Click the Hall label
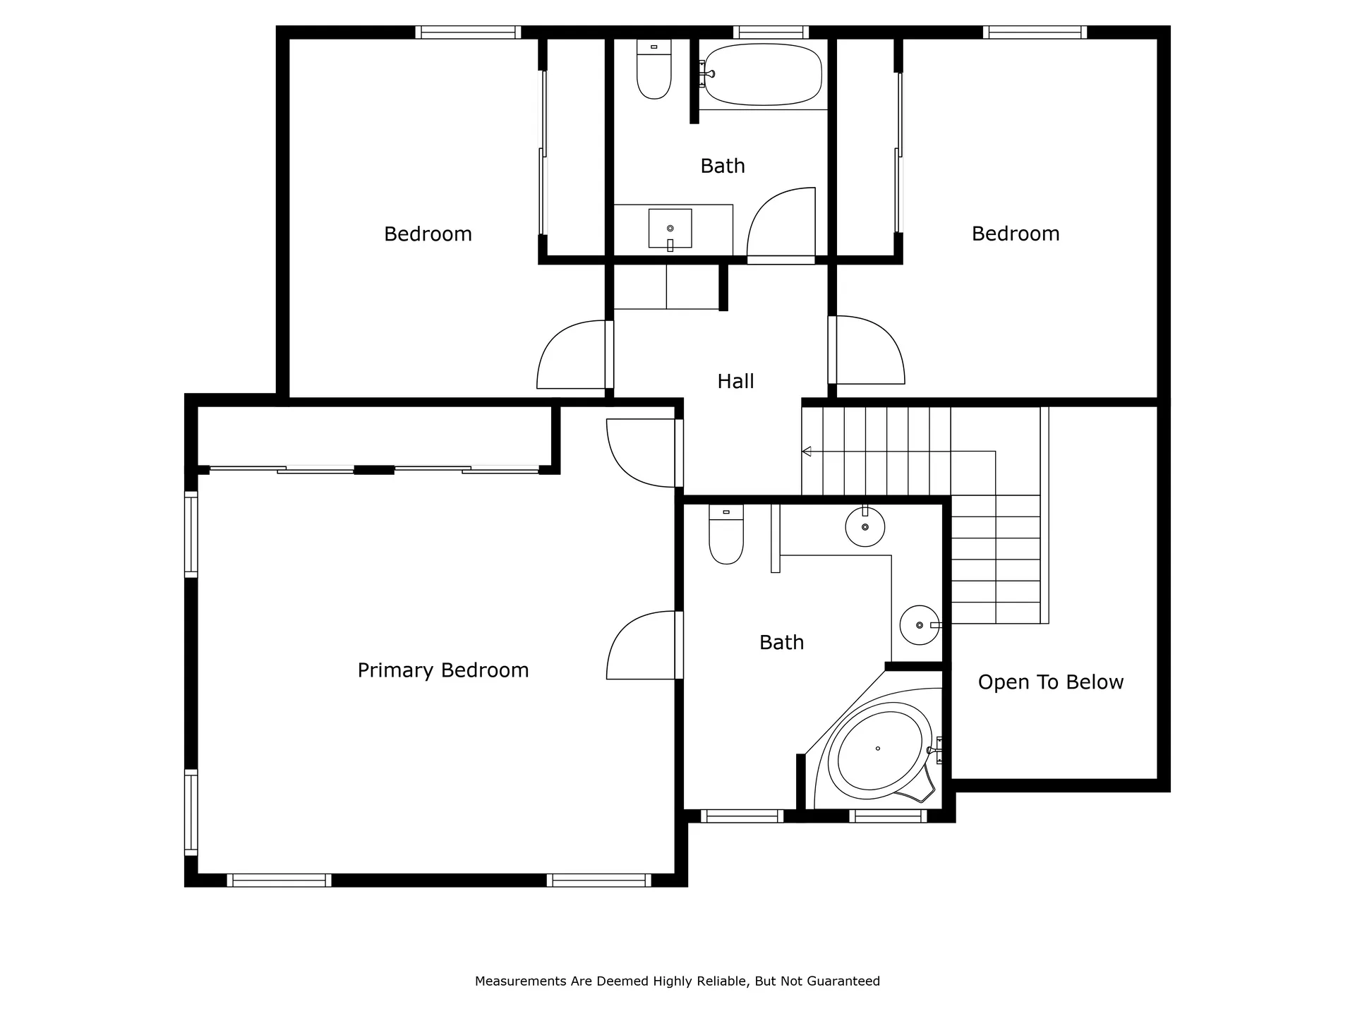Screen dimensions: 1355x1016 coord(735,382)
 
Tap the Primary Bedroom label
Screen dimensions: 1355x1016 coord(443,670)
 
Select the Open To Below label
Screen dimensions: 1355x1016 coord(1051,682)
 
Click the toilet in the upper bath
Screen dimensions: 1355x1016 coord(654,68)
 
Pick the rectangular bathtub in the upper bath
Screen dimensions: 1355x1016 coord(763,74)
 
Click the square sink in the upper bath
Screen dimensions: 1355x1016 coord(670,229)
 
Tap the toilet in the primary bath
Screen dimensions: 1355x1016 coord(726,534)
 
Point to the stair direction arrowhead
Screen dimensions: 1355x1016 coord(807,452)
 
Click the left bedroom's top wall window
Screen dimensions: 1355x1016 coord(468,32)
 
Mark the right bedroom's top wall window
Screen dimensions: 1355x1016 coord(1035,32)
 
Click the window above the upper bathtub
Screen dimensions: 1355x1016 coord(771,32)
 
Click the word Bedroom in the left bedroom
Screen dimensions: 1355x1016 coord(428,234)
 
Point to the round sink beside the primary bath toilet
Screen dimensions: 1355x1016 coord(865,526)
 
